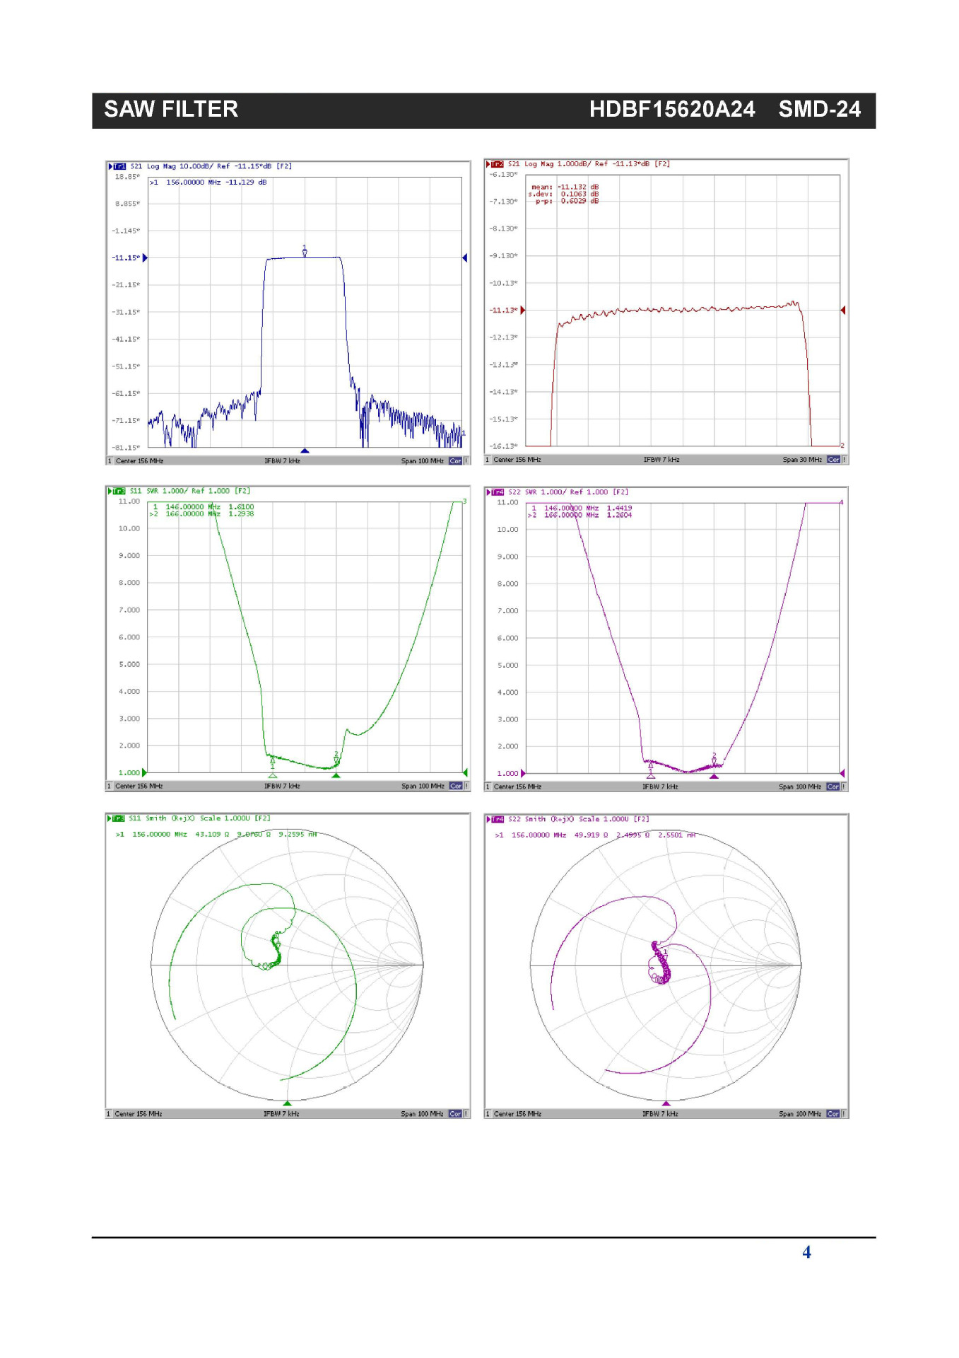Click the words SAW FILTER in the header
pyautogui.click(x=171, y=110)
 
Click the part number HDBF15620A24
pyautogui.click(x=671, y=110)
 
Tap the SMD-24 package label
pyautogui.click(x=819, y=110)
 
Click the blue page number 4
pyautogui.click(x=806, y=1253)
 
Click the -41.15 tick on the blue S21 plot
pyautogui.click(x=127, y=339)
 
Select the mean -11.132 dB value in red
pyautogui.click(x=572, y=187)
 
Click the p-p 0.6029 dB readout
pyautogui.click(x=574, y=201)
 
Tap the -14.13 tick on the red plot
pyautogui.click(x=503, y=392)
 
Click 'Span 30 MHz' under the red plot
pyautogui.click(x=801, y=460)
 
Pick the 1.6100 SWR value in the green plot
pyautogui.click(x=241, y=507)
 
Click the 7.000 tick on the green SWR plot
pyautogui.click(x=129, y=610)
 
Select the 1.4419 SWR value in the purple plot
pyautogui.click(x=619, y=508)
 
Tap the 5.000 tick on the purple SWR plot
pyautogui.click(x=507, y=666)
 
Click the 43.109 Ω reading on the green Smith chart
pyautogui.click(x=212, y=835)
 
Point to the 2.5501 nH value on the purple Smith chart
pyautogui.click(x=676, y=835)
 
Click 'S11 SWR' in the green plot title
pyautogui.click(x=145, y=491)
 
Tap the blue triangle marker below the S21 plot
pyautogui.click(x=305, y=451)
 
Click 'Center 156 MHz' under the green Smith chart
pyautogui.click(x=139, y=1114)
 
